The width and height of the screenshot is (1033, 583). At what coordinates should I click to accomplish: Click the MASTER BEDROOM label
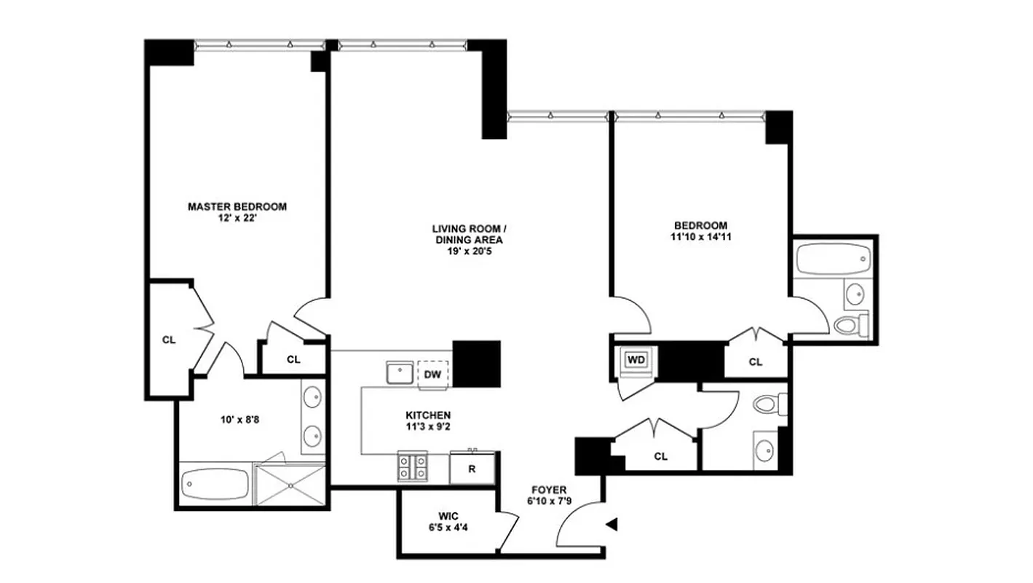[x=237, y=206]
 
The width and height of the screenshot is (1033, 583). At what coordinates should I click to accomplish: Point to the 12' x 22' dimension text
[x=237, y=218]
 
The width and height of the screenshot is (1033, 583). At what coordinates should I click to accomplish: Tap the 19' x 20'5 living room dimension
[x=469, y=251]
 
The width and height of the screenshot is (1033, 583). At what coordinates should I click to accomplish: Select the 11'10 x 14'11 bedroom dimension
[x=700, y=237]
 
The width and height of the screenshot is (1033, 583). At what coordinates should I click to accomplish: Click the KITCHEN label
[x=428, y=415]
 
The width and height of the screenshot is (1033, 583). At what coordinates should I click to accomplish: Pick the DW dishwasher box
[x=432, y=374]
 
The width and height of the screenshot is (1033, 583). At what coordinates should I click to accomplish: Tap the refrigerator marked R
[x=472, y=469]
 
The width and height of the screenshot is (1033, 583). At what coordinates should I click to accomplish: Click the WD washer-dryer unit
[x=636, y=360]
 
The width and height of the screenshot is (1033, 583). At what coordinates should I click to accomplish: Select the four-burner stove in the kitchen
[x=412, y=466]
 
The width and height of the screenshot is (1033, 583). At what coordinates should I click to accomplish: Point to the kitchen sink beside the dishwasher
[x=400, y=372]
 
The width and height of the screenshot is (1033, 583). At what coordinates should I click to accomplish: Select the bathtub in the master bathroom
[x=215, y=483]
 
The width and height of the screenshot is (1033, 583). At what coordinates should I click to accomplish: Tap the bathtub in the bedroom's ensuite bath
[x=834, y=257]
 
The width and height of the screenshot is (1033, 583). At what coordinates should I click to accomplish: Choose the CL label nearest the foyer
[x=660, y=457]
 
